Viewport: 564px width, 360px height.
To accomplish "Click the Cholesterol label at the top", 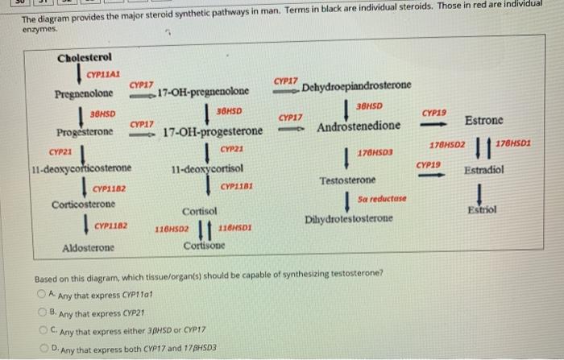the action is tap(85, 58).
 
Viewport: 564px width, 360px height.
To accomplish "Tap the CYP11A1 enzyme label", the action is tap(102, 74).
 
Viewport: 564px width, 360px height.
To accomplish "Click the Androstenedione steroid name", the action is tap(359, 127).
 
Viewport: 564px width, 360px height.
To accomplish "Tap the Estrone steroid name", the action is tap(484, 120).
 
